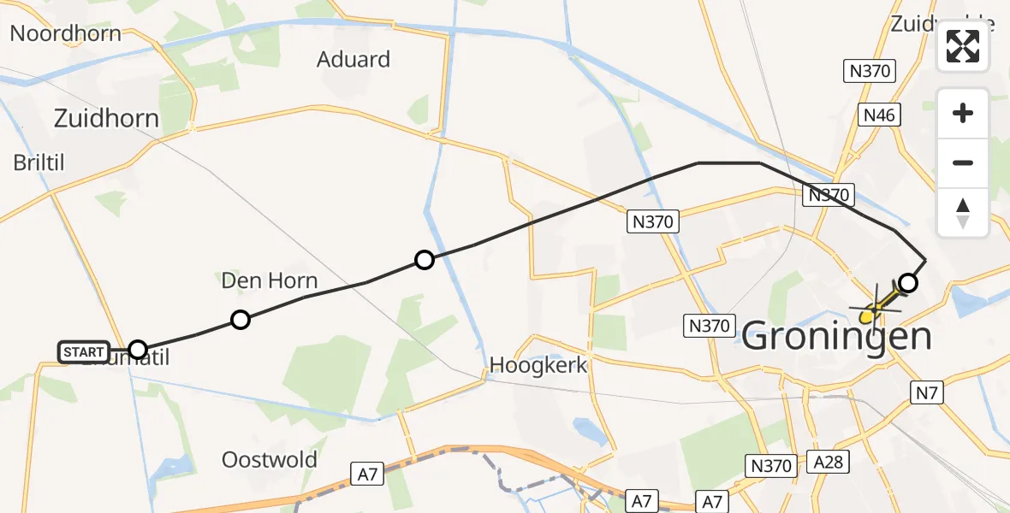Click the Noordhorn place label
(65, 34)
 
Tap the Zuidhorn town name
(106, 118)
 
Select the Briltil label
(39, 162)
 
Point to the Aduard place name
(353, 60)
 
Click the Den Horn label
(269, 280)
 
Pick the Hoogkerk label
(538, 365)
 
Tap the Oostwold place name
(269, 460)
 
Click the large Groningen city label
(836, 337)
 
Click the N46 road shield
(879, 115)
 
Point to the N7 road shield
(924, 392)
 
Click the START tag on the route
(84, 351)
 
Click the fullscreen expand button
(963, 46)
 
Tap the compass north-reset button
(963, 213)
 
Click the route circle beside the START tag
(138, 349)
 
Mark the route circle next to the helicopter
(908, 283)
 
